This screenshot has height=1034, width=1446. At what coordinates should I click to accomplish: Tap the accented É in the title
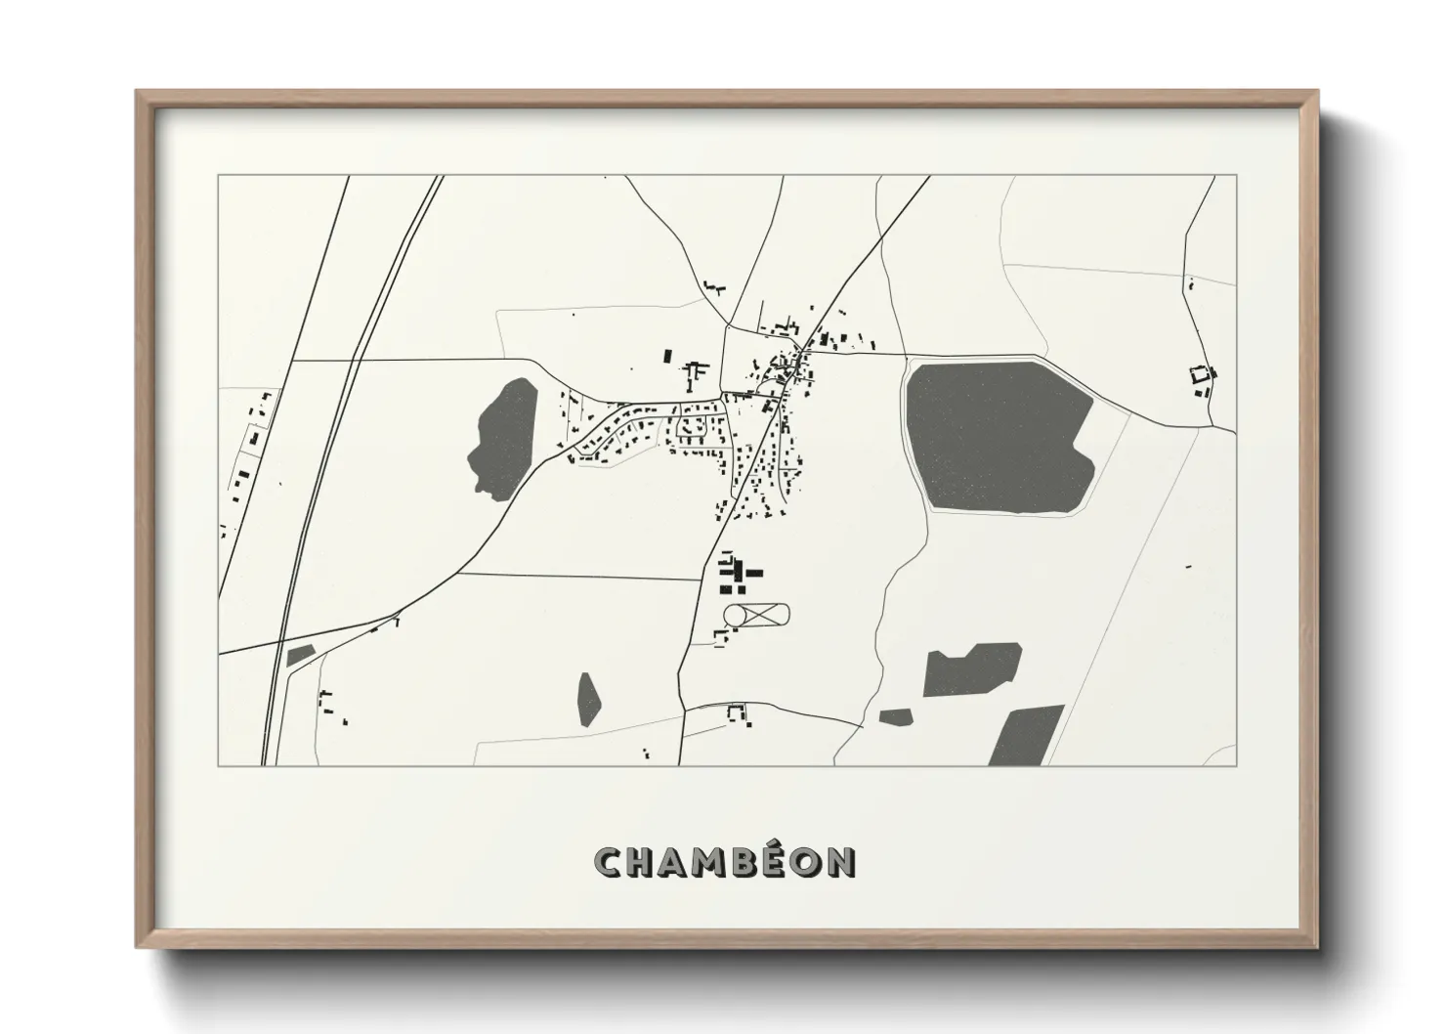point(767,861)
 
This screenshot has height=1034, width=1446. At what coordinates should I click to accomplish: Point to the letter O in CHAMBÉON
point(803,861)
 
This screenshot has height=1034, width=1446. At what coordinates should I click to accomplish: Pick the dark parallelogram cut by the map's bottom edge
point(1025,736)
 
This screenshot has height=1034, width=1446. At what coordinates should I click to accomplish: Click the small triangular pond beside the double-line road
point(299,655)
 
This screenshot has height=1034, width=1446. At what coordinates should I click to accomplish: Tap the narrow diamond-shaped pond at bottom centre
point(588,699)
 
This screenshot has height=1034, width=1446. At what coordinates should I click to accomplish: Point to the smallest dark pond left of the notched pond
point(895,717)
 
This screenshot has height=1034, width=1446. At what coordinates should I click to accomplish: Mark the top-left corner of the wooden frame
point(138,92)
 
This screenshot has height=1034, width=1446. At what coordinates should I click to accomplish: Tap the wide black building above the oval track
point(753,575)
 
